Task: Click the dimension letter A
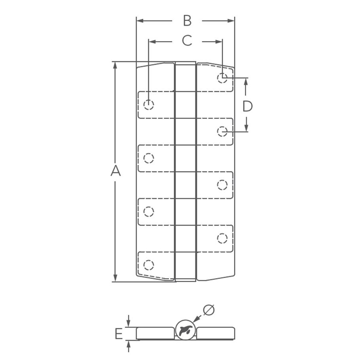click(115, 171)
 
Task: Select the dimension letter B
click(187, 21)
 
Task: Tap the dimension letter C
click(187, 41)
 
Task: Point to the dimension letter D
click(247, 106)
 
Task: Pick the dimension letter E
click(118, 333)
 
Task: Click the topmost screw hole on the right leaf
click(222, 78)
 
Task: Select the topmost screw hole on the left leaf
click(149, 105)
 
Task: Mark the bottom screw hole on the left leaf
click(149, 265)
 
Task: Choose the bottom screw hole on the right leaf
click(222, 238)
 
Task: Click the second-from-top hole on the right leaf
click(222, 131)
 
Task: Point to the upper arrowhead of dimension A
click(115, 65)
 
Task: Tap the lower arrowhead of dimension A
click(115, 278)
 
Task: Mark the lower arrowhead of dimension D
click(247, 128)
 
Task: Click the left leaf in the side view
click(155, 333)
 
